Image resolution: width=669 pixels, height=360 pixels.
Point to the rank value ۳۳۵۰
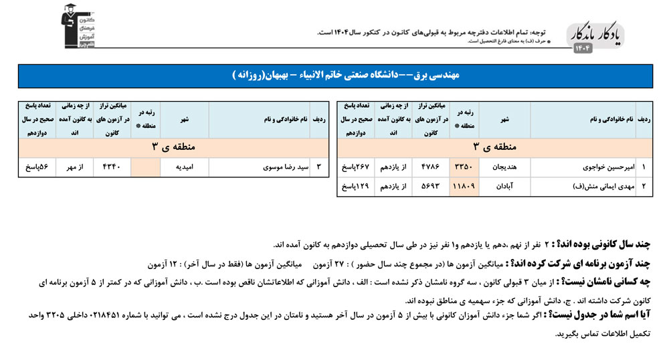464,165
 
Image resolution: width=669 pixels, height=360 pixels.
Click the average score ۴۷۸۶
429,165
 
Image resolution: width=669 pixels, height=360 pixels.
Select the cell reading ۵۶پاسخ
36,165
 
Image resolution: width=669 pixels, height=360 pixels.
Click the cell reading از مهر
72,165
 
